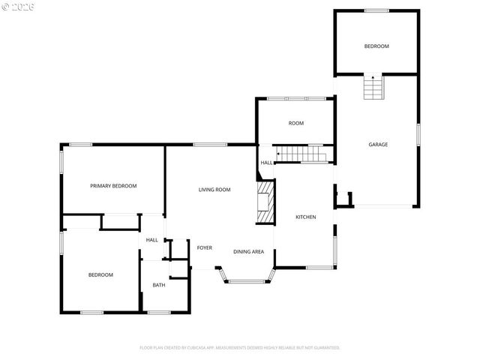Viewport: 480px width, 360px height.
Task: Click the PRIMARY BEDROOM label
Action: click(113, 186)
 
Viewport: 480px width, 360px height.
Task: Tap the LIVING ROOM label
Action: click(214, 190)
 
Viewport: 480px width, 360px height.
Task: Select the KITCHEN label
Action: click(305, 217)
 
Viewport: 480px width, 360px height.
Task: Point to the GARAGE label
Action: click(377, 144)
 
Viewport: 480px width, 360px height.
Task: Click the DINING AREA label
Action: click(248, 252)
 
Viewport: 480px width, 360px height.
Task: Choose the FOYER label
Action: click(205, 247)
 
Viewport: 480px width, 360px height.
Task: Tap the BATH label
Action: click(159, 285)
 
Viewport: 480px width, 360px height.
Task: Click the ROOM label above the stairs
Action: click(296, 123)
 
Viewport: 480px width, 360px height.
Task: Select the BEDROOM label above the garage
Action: click(376, 46)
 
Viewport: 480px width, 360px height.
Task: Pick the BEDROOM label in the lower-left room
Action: click(100, 274)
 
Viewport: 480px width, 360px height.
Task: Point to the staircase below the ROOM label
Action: click(302, 154)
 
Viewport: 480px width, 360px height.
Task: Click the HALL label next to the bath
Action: click(152, 240)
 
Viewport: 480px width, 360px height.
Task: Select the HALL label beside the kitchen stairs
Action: click(266, 162)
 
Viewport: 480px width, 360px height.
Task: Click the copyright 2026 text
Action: click(18, 6)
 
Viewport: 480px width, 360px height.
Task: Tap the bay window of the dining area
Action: click(247, 279)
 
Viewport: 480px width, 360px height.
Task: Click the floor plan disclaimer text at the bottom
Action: click(240, 347)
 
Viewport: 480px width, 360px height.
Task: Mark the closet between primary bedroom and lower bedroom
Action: click(119, 222)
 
